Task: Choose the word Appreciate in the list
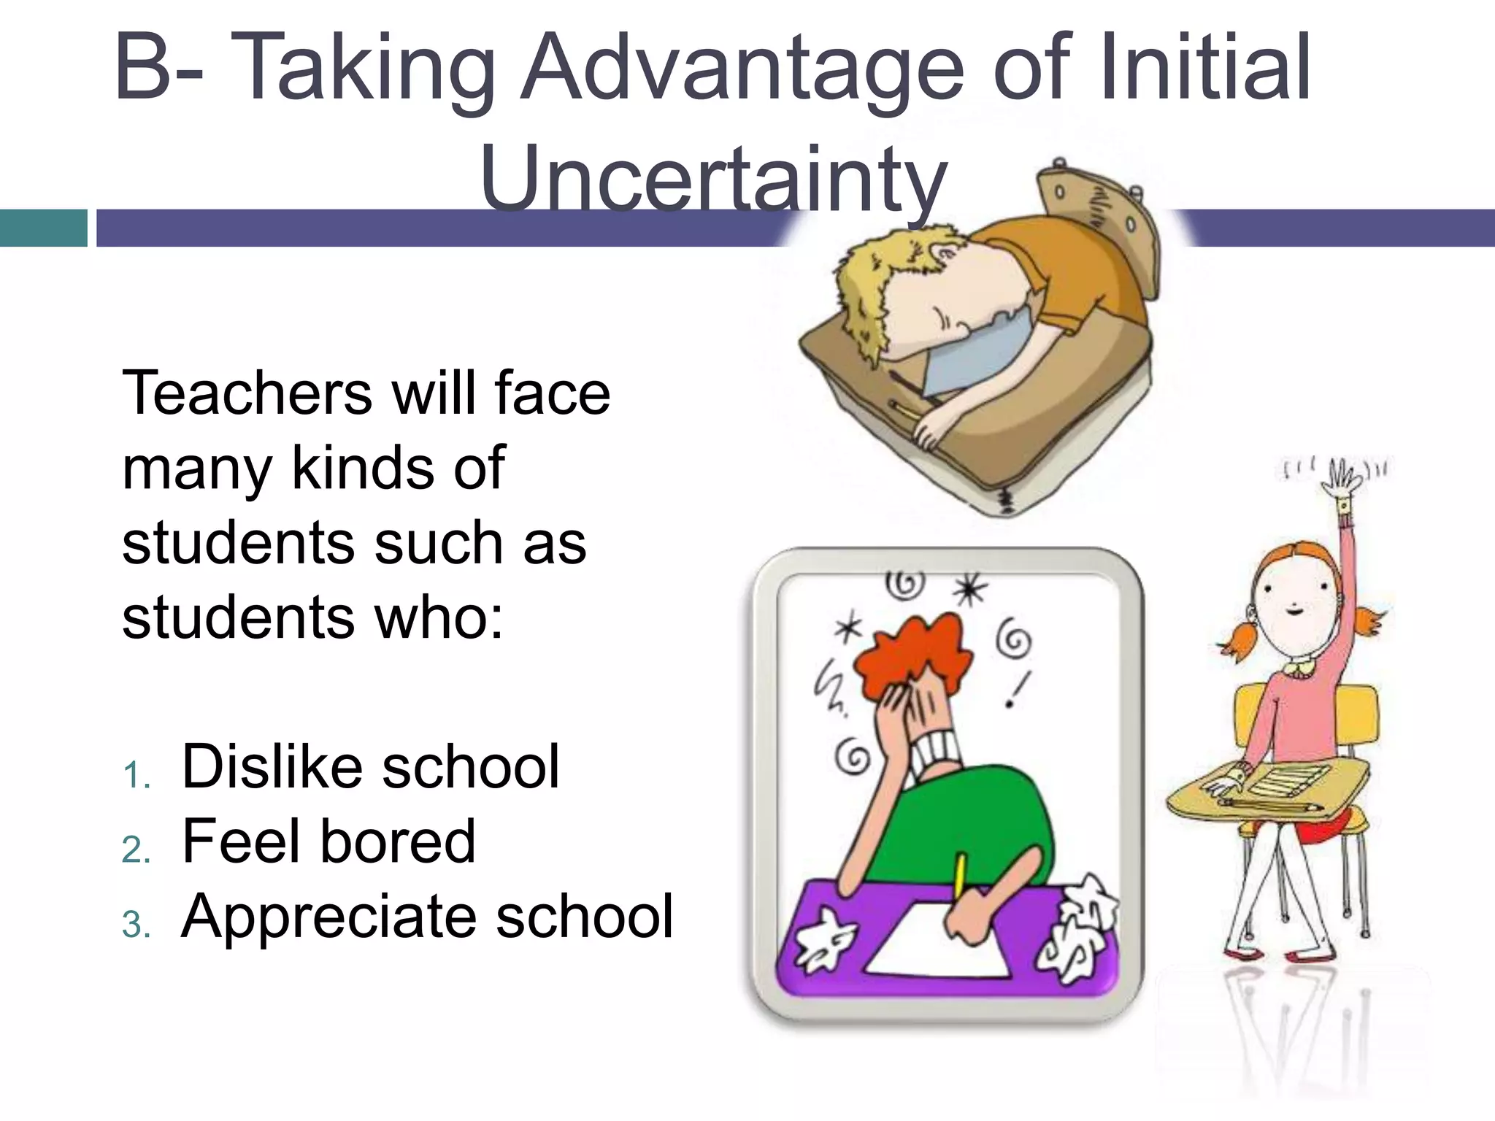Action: point(328,917)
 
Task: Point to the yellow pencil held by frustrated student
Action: point(961,876)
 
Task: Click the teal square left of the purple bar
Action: point(43,228)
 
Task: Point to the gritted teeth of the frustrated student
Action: point(938,752)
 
